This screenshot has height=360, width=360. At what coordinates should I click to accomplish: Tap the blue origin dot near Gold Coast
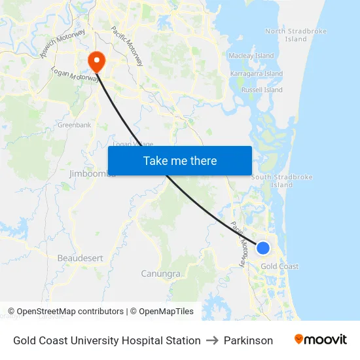(262, 247)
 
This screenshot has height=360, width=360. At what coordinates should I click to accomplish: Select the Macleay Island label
(251, 56)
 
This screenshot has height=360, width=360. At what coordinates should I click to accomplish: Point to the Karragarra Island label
(256, 74)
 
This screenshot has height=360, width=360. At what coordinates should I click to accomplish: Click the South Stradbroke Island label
(282, 181)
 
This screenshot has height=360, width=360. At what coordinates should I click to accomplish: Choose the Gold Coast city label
(279, 266)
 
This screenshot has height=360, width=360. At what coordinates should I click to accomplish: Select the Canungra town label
(160, 273)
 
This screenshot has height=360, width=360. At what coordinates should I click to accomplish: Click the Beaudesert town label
(80, 258)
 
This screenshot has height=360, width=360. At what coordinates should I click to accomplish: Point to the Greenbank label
(74, 124)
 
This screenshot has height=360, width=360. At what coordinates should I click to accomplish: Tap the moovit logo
(321, 340)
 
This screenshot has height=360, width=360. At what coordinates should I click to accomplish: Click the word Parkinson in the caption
(248, 340)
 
